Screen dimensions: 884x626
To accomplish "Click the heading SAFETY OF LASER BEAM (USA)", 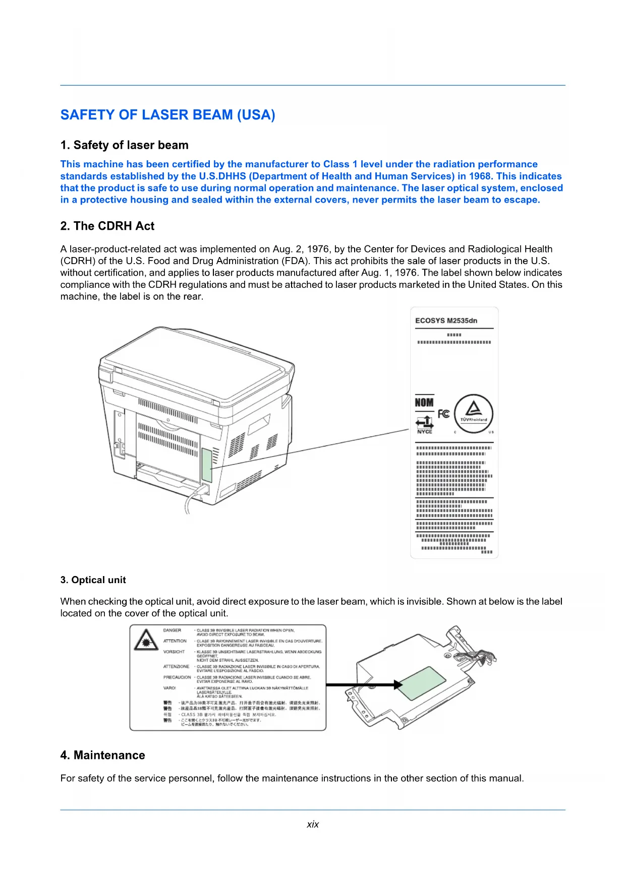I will pos(167,115).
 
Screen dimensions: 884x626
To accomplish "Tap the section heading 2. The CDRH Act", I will pos(107,226).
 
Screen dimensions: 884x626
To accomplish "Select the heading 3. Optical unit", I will pos(93,580).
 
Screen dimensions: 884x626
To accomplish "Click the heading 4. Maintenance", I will pos(102,755).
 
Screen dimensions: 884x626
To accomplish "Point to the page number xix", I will pos(313,825).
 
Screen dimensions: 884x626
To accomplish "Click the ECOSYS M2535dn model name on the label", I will pos(446,321).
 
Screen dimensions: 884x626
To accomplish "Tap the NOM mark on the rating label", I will pos(424,403).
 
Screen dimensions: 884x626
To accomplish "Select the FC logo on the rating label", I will pos(443,414).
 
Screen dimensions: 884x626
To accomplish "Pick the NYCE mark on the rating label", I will pos(425,431).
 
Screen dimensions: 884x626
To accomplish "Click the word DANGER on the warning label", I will pos(172,630).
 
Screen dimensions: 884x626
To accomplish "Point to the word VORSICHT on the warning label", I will pos(174,652).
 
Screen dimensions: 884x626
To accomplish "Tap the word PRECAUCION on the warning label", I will pos(177,677).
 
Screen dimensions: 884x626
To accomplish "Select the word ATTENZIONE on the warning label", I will pos(177,667).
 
